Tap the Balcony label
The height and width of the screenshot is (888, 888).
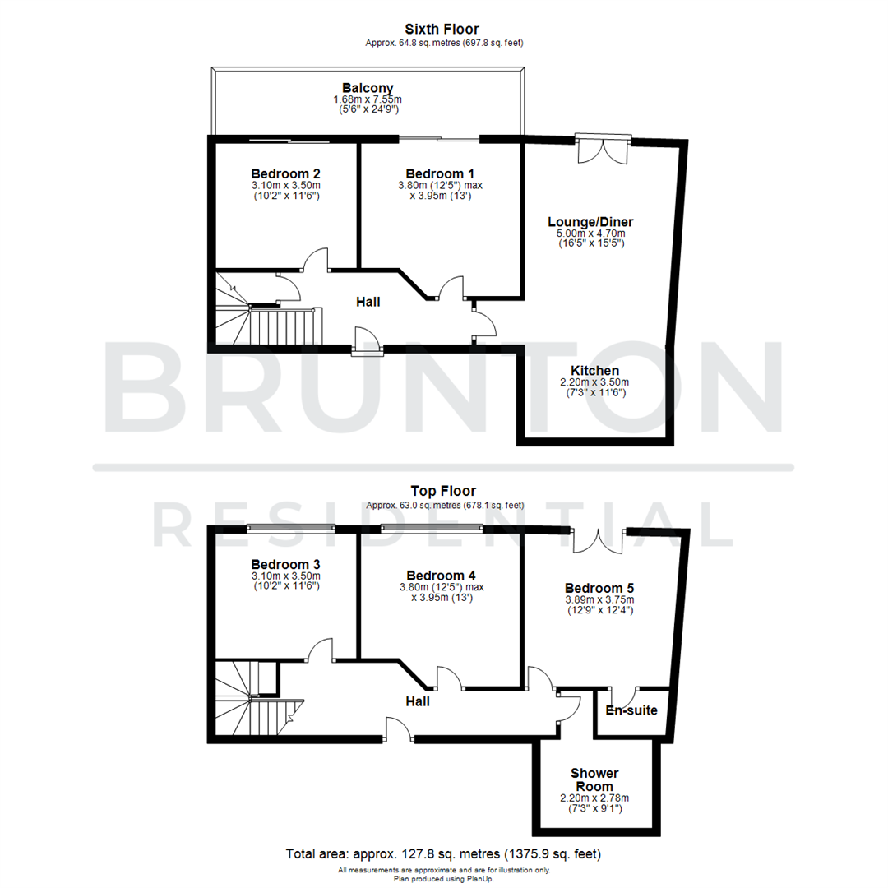pyautogui.click(x=368, y=88)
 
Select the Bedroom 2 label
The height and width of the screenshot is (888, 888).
pyautogui.click(x=285, y=173)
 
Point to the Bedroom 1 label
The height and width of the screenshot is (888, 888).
pyautogui.click(x=440, y=173)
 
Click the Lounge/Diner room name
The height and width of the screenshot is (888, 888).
pyautogui.click(x=591, y=222)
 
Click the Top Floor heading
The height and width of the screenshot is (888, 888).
pyautogui.click(x=445, y=491)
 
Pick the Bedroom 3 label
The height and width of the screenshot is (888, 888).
pyautogui.click(x=285, y=564)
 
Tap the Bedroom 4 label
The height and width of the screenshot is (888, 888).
pyautogui.click(x=442, y=576)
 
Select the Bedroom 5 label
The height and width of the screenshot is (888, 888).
pyautogui.click(x=599, y=588)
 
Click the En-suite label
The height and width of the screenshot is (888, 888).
pyautogui.click(x=631, y=710)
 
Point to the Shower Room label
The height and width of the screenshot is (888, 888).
pyautogui.click(x=594, y=780)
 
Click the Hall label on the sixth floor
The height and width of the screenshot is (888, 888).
pyautogui.click(x=368, y=303)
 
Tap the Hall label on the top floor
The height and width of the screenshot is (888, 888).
pyautogui.click(x=418, y=701)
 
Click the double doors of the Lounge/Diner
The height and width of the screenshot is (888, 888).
pyautogui.click(x=603, y=148)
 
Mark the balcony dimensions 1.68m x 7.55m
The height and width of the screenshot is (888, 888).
pyautogui.click(x=368, y=100)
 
